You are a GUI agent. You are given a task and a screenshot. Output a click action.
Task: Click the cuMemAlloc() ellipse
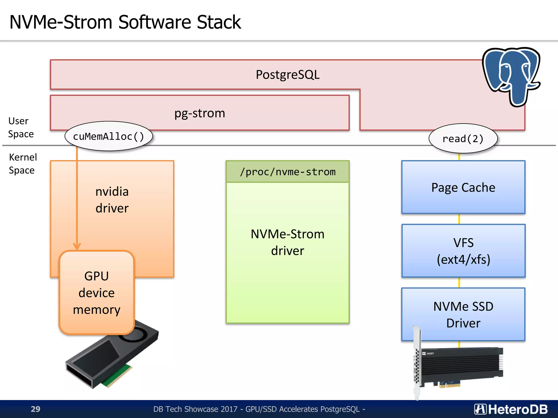tap(108, 136)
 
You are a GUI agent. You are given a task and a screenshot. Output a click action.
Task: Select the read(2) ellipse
tap(463, 139)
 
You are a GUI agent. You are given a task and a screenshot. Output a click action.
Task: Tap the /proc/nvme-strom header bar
tap(287, 172)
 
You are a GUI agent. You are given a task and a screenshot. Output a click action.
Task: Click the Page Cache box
tap(463, 188)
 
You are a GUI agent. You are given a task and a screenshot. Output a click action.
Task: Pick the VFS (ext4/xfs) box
tap(463, 251)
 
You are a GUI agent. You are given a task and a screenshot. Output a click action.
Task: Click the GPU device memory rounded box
tap(97, 293)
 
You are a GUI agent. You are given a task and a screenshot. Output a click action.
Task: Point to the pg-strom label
tap(200, 113)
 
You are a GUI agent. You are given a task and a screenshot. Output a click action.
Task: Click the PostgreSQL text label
tap(287, 75)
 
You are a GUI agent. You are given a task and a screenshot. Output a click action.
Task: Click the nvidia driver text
tap(112, 200)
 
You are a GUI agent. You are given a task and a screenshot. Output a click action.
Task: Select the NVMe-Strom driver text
tap(287, 242)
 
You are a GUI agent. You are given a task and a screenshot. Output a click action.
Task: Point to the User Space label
tap(21, 127)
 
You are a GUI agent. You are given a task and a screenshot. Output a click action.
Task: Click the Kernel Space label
tap(22, 164)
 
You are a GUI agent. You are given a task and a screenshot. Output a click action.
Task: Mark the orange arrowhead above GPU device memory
tap(77, 246)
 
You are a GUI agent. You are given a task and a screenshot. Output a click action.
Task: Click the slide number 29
tap(35, 409)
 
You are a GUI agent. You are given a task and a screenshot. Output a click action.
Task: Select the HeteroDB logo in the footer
tap(511, 409)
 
